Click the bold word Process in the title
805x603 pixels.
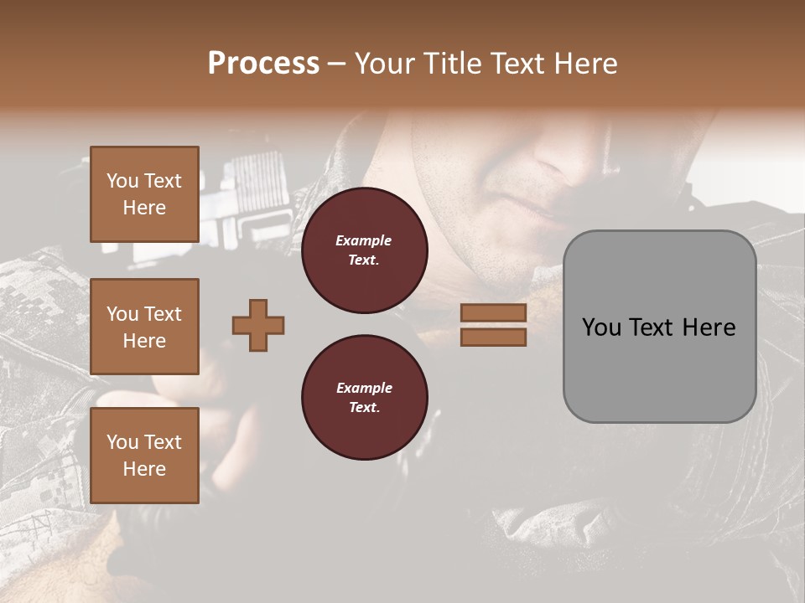pos(263,64)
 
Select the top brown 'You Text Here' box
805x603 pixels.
pos(144,194)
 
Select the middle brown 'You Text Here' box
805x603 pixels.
pos(144,327)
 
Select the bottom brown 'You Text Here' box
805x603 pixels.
pos(144,456)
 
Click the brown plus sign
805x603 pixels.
pos(258,325)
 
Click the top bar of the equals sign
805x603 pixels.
pos(493,312)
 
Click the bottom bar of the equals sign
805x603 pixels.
pos(493,337)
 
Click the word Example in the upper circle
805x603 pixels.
pos(363,240)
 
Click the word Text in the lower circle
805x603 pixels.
pos(363,407)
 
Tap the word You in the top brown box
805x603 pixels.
pos(122,181)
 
